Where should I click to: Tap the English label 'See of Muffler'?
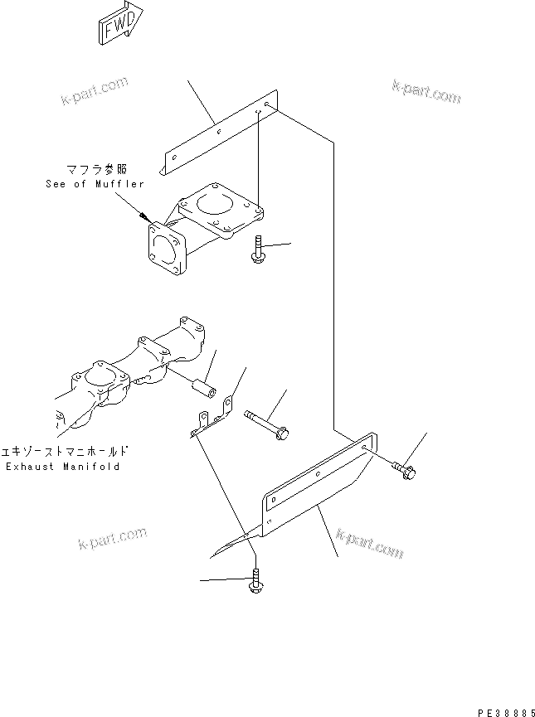coord(94,184)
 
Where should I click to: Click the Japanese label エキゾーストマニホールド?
coord(66,453)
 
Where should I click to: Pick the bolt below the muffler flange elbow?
coord(258,250)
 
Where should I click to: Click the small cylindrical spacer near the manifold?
coord(202,389)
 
